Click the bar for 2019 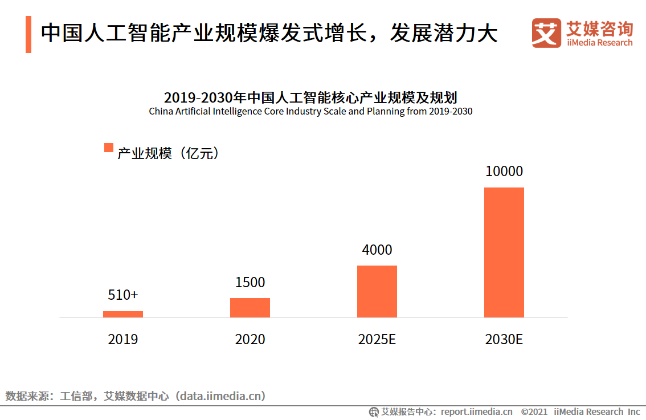[x=123, y=314]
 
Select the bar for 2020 [x=250, y=308]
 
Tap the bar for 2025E [x=377, y=291]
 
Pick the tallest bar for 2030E [x=504, y=252]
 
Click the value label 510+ [x=123, y=295]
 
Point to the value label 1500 [x=250, y=282]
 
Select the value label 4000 [x=377, y=250]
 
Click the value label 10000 [x=504, y=172]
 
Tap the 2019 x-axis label [x=123, y=340]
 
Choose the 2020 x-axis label [x=250, y=340]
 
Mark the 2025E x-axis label [x=377, y=340]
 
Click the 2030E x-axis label [x=504, y=340]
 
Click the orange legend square [x=108, y=148]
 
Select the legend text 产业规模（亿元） [x=168, y=153]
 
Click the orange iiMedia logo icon [x=546, y=33]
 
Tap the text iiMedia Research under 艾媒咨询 [x=599, y=43]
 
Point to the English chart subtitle [x=310, y=111]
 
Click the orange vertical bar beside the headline [x=28, y=34]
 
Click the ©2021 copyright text [x=534, y=411]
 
